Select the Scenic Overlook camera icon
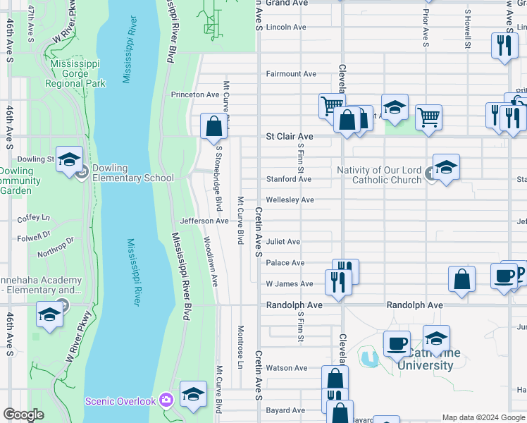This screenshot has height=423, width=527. click(166, 400)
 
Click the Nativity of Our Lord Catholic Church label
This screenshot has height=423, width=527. click(378, 175)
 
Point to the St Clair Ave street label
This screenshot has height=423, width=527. click(289, 136)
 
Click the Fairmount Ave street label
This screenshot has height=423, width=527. click(291, 73)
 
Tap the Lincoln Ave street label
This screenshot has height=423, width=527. click(286, 27)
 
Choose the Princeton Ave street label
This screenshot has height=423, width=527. click(195, 94)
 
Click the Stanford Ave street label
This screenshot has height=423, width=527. click(288, 179)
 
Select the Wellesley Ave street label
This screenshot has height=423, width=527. click(290, 200)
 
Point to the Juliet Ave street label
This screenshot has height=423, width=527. click(283, 242)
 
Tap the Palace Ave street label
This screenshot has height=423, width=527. click(285, 263)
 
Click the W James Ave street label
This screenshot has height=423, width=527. click(289, 284)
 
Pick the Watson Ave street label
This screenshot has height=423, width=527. click(286, 368)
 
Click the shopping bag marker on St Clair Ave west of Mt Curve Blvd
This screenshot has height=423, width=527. click(213, 127)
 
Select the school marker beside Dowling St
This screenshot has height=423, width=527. click(69, 160)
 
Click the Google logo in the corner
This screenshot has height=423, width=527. click(23, 415)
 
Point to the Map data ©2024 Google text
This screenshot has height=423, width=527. click(483, 417)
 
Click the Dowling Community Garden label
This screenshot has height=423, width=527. click(21, 180)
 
